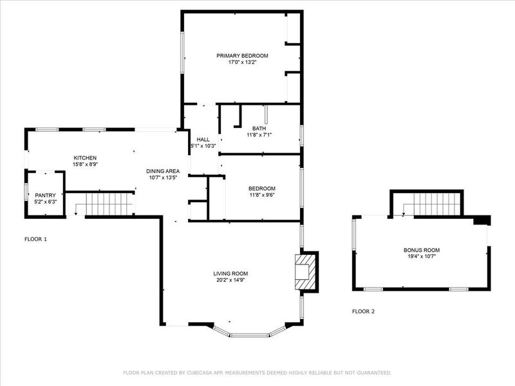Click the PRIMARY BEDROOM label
[242, 56]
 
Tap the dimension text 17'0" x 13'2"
[242, 62]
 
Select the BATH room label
[259, 128]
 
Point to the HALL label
[203, 140]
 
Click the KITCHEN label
[85, 158]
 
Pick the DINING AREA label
[163, 171]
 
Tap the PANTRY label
[45, 196]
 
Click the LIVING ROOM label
[230, 274]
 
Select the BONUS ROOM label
[422, 250]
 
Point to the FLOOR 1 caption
[35, 239]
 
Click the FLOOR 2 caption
[363, 311]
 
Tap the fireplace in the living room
[305, 272]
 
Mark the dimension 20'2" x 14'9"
[230, 280]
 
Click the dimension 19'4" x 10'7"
[422, 256]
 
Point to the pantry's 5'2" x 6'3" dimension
[45, 201]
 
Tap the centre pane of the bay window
[250, 335]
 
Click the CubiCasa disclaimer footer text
[257, 372]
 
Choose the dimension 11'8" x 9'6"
[262, 195]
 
